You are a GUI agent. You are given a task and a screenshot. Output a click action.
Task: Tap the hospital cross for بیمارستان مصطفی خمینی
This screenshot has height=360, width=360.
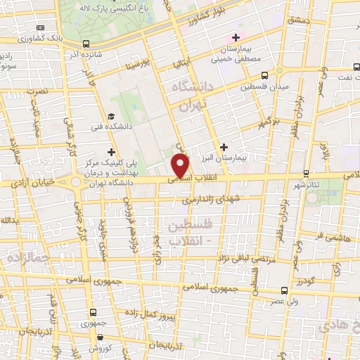coord(236,37)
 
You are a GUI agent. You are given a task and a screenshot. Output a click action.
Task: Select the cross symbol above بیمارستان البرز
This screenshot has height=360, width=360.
coord(224,147)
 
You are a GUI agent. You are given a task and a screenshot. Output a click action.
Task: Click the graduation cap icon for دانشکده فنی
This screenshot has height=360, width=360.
coord(111,117)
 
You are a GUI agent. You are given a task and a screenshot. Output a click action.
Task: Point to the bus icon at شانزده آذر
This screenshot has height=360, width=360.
coord(86,43)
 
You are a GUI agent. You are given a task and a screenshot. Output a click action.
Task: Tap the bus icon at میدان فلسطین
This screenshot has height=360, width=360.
coord(264,76)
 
